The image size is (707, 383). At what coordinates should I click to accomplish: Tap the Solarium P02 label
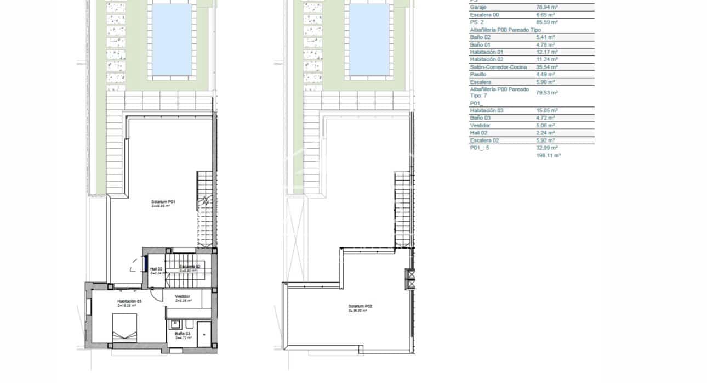pyautogui.click(x=360, y=306)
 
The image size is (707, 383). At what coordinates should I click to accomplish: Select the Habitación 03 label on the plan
pyautogui.click(x=129, y=301)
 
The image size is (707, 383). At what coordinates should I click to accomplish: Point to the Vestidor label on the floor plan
pyautogui.click(x=183, y=297)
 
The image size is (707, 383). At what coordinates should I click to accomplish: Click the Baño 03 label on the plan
pyautogui.click(x=183, y=334)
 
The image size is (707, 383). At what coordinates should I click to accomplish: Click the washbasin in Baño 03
pyautogui.click(x=176, y=323)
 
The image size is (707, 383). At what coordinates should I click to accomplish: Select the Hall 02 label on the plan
pyautogui.click(x=157, y=269)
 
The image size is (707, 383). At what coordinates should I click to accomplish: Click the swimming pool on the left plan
pyautogui.click(x=172, y=40)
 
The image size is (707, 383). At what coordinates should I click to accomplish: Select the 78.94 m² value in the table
pyautogui.click(x=546, y=8)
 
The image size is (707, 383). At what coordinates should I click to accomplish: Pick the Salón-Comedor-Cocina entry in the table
pyautogui.click(x=498, y=67)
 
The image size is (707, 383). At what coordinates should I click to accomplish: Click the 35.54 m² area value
pyautogui.click(x=546, y=67)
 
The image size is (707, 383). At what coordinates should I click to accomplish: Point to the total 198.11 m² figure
pyautogui.click(x=548, y=156)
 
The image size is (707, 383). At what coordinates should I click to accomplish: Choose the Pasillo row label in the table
pyautogui.click(x=478, y=74)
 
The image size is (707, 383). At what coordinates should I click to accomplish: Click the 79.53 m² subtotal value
pyautogui.click(x=546, y=93)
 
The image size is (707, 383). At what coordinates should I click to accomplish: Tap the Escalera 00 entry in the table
pyautogui.click(x=484, y=15)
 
